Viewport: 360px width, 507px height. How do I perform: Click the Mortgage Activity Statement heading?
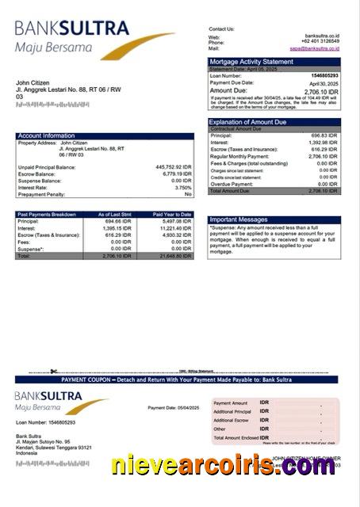pos(251,62)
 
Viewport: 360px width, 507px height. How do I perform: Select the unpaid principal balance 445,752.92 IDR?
pos(174,167)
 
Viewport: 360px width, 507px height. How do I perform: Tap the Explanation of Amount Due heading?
pos(248,122)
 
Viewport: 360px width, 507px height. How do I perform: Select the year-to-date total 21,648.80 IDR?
pos(175,257)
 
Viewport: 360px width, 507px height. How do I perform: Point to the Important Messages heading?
pos(239,219)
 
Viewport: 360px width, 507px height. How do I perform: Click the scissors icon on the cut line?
pos(52,371)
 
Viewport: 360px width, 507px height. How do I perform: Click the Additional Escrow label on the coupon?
pos(231,420)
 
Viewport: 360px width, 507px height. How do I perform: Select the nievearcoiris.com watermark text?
pos(223,467)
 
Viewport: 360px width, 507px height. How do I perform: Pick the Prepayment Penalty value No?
pos(188,194)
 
